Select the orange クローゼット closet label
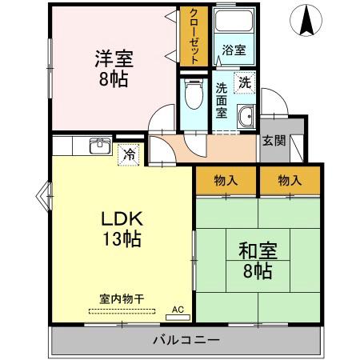point(193,36)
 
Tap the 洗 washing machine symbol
point(244,81)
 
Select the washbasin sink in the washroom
point(245,115)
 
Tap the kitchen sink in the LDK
point(100,145)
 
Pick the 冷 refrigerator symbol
point(128,154)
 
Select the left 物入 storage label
point(226,182)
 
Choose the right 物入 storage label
point(289,182)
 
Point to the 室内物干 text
point(122,298)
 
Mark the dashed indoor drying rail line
point(122,310)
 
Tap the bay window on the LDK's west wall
point(44,193)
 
